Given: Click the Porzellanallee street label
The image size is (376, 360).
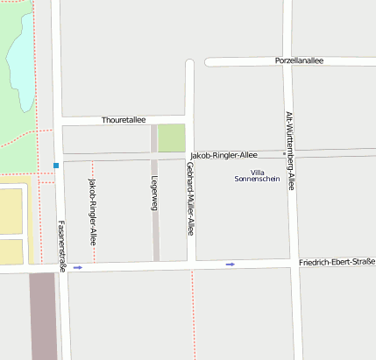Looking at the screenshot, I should point(299,61).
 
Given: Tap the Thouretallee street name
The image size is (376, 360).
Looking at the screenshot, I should point(124,119).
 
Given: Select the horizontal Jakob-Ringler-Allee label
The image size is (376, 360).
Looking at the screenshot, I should point(223,155).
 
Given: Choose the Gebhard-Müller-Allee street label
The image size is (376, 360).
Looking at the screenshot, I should point(189,200).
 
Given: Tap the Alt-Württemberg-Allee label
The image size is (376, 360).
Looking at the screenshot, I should point(290,151).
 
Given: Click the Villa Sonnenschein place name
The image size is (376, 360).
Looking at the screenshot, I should point(258,175).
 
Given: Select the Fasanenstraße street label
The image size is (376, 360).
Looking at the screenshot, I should point(61,245).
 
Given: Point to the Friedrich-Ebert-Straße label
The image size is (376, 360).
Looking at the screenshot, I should point(336,263).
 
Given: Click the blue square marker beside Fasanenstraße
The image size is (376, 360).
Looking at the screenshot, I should point(56,165).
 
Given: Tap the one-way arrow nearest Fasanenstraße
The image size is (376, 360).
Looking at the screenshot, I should point(78,267).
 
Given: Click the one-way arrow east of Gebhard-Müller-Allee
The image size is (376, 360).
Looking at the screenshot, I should point(231,264).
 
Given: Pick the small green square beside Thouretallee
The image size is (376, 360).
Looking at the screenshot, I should point(172,138).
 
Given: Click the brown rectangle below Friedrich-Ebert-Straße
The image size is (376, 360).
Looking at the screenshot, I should point(43,315).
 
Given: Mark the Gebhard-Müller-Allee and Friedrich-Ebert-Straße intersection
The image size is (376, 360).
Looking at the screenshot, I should point(190,265).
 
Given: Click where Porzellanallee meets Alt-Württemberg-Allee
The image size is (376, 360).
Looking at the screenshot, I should point(287,62).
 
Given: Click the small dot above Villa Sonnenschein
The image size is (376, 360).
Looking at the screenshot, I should point(282,154).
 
